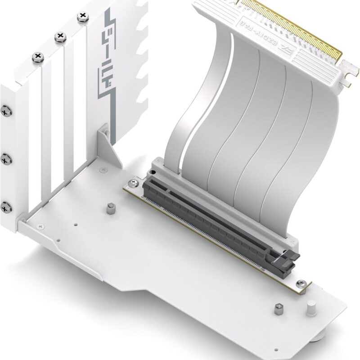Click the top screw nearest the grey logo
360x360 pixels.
coord(83,17)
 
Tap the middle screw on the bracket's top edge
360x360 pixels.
coord(59,37)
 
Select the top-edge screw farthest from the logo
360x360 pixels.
coord(37,57)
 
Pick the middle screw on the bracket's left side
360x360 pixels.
coord(6,158)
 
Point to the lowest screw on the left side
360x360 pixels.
coord(6,207)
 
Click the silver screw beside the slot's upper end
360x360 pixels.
coord(133,183)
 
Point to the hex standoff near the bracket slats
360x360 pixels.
coord(110,210)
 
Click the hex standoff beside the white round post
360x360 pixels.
coord(276,310)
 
